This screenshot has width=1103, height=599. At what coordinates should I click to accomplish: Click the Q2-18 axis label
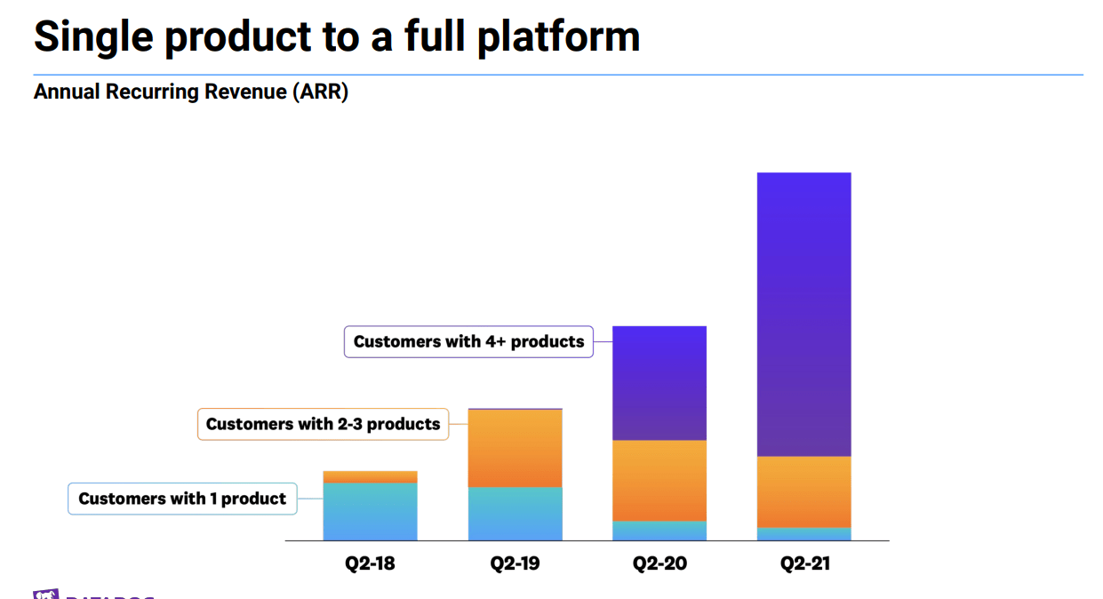pos(370,563)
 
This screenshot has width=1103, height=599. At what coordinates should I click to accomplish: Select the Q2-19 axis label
pos(515,563)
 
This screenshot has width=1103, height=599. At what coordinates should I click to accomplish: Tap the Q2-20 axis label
pos(659,563)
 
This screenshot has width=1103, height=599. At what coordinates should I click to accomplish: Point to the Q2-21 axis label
pos(804,563)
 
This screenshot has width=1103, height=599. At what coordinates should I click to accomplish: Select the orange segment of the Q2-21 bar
pos(803,491)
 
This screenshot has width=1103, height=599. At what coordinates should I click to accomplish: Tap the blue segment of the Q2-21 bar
pos(803,534)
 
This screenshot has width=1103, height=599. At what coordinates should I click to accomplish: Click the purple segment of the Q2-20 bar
pos(659,383)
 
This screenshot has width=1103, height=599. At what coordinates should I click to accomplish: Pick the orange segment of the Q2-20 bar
pos(659,480)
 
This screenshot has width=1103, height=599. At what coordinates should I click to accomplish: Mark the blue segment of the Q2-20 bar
pos(659,531)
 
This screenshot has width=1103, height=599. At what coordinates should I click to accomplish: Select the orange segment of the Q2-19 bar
pos(515,448)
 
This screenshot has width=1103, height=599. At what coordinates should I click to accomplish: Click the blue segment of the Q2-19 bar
pos(515,514)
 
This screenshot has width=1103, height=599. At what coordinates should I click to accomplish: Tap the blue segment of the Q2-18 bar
pos(370,511)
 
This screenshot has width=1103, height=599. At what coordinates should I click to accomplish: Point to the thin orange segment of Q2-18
pos(370,477)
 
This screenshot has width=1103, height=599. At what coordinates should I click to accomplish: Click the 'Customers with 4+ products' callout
pos(468,341)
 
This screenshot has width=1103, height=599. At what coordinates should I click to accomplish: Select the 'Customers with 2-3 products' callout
pos(323,424)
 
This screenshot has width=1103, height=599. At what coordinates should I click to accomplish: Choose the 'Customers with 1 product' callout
pos(182,499)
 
